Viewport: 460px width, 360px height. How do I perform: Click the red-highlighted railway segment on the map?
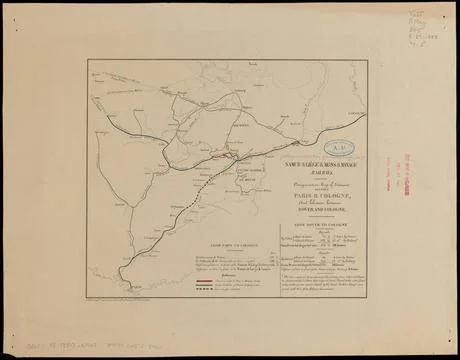coord(224,157)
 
